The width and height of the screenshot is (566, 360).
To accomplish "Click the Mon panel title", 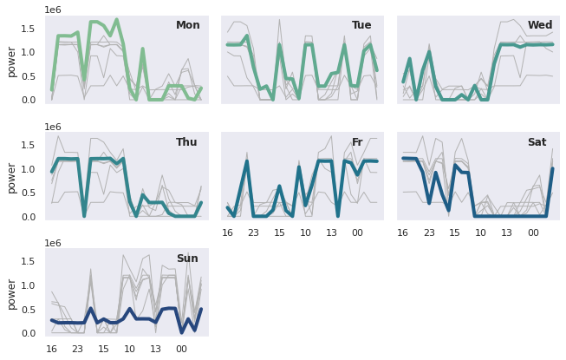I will click(187, 25).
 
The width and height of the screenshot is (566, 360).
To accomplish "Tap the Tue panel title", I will click(361, 25).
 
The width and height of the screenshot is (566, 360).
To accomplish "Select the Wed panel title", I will click(539, 25).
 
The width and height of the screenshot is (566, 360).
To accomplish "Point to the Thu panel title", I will click(186, 142).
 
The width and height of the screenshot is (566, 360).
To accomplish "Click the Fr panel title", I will click(357, 142).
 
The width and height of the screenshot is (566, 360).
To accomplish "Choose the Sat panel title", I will click(537, 142).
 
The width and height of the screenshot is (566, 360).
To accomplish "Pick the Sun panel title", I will click(187, 259).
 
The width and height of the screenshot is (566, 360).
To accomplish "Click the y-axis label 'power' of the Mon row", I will click(11, 61).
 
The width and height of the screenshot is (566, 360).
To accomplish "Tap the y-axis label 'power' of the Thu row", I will click(11, 177).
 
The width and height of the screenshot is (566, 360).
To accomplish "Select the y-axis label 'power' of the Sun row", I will click(11, 293).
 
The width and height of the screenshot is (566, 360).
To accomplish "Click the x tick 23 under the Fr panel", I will click(254, 232).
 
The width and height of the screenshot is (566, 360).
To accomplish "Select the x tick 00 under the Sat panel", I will click(532, 232).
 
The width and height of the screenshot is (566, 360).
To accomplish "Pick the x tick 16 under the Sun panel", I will click(52, 349).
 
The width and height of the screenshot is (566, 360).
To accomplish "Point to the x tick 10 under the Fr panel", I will click(305, 232).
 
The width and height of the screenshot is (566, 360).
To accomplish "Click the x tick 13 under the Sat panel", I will click(506, 232).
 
